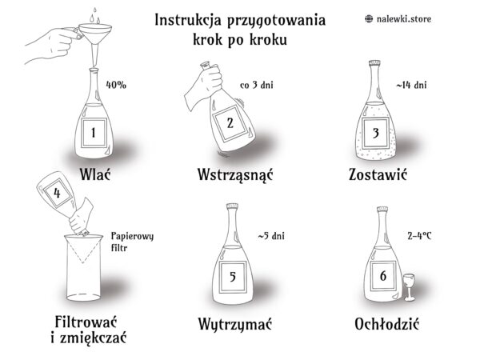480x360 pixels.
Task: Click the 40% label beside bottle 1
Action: point(116,85)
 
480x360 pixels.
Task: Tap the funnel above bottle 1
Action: point(95,40)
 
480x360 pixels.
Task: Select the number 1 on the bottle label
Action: point(94,133)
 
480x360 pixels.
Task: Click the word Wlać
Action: point(95,174)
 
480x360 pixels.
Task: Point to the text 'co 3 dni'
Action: point(257,85)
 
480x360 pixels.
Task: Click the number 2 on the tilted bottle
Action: point(230,122)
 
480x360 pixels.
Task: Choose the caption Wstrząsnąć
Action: point(234,174)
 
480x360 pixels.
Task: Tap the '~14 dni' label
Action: point(411,85)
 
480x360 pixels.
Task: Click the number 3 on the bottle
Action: point(376,133)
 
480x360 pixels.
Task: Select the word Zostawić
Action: point(378,174)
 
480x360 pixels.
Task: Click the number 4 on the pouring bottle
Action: point(57,193)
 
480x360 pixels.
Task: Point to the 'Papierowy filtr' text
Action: point(132,242)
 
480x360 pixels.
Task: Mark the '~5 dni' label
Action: point(271,236)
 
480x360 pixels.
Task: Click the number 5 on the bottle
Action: point(233,277)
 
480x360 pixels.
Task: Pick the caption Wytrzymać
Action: point(234,324)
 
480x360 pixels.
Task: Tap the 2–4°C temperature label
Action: point(419,236)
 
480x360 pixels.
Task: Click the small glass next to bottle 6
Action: point(410,286)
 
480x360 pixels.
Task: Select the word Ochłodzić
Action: point(386,324)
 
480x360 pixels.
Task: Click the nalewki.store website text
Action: point(404,19)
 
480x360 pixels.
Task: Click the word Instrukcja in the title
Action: point(188,20)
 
